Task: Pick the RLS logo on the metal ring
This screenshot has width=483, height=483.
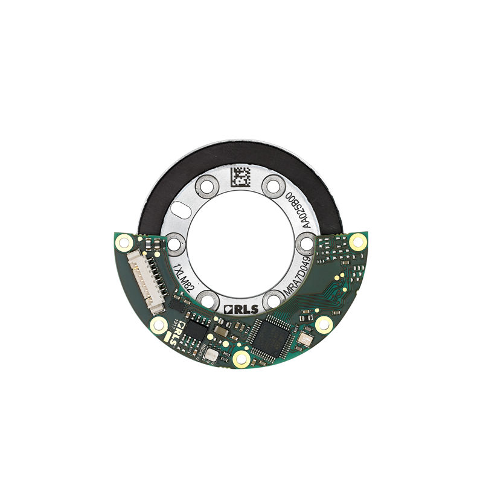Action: [241, 309]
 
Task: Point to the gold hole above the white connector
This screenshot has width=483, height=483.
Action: [125, 243]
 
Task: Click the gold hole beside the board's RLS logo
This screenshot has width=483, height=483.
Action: [159, 326]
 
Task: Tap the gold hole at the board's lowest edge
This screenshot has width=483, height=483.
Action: [241, 359]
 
